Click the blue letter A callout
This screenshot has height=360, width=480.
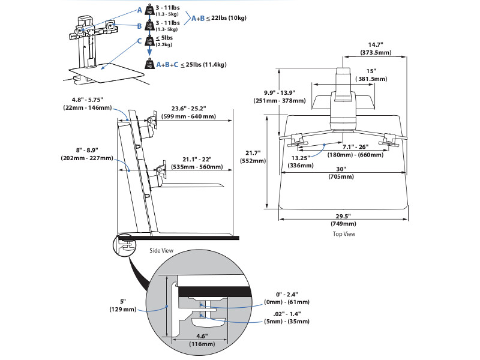139,10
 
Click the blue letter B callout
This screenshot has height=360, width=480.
139,26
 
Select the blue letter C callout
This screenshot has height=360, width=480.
139,41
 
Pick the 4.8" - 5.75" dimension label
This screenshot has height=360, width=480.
87,104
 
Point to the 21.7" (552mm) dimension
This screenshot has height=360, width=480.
253,157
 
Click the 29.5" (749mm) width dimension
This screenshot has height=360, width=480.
342,220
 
